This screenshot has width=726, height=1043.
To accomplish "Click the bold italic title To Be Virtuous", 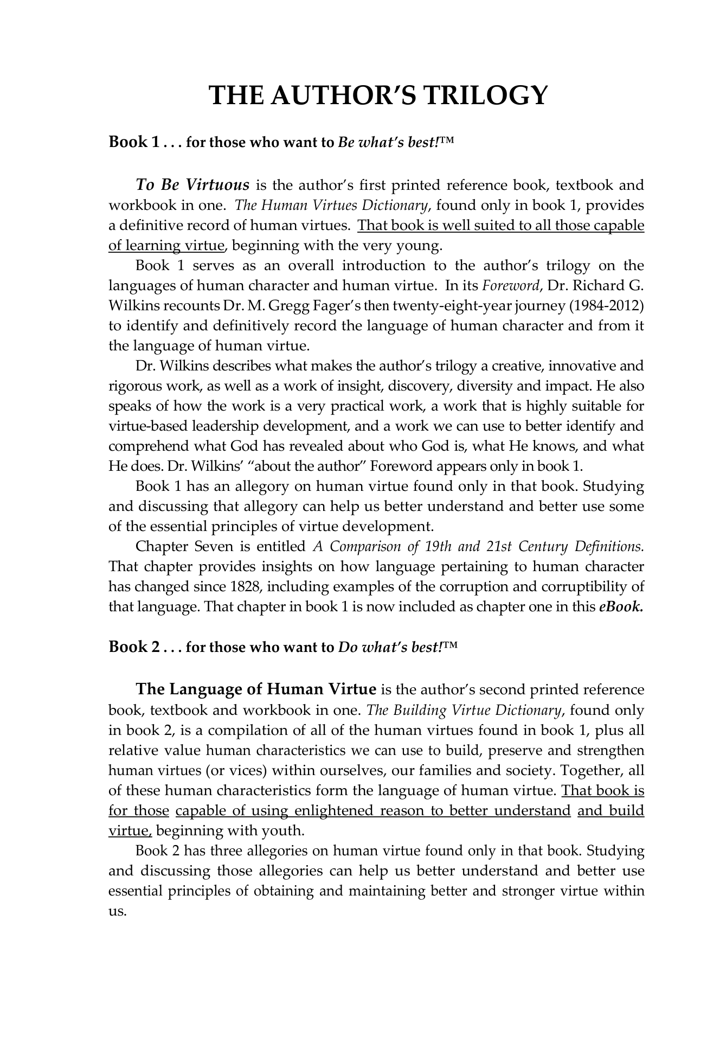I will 192,185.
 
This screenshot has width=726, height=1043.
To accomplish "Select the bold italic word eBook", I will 621,607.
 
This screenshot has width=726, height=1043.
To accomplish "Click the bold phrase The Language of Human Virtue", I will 255,689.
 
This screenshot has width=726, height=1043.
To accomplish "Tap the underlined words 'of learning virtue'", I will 166,246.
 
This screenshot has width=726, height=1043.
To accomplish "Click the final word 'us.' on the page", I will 117,911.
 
